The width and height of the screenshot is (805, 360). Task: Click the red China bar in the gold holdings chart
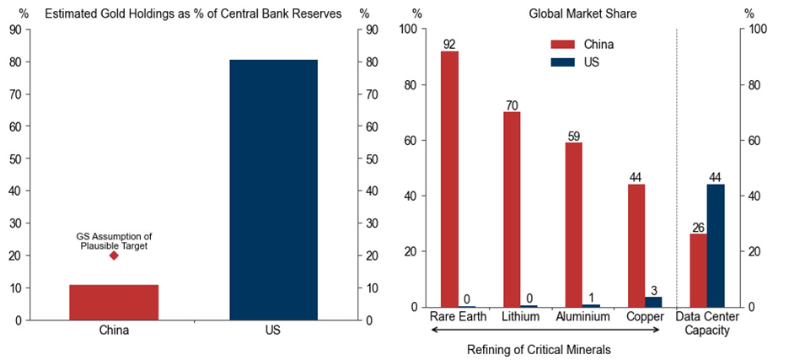pyautogui.click(x=114, y=302)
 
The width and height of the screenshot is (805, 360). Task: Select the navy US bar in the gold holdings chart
pyautogui.click(x=274, y=190)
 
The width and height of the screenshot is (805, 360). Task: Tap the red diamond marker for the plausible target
pyautogui.click(x=114, y=255)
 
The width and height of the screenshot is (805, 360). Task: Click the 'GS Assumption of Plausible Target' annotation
pyautogui.click(x=114, y=240)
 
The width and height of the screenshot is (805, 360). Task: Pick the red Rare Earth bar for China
pyautogui.click(x=450, y=179)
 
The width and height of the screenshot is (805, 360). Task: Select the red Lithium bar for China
pyautogui.click(x=513, y=209)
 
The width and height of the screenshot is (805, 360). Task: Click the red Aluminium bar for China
pyautogui.click(x=574, y=224)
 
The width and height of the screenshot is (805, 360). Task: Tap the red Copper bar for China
pyautogui.click(x=636, y=245)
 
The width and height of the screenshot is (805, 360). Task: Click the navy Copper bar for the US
pyautogui.click(x=654, y=302)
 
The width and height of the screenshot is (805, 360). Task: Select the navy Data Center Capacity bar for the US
pyautogui.click(x=716, y=245)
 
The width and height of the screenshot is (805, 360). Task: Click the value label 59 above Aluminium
pyautogui.click(x=574, y=136)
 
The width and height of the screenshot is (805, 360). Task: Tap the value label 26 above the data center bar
pyautogui.click(x=698, y=227)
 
